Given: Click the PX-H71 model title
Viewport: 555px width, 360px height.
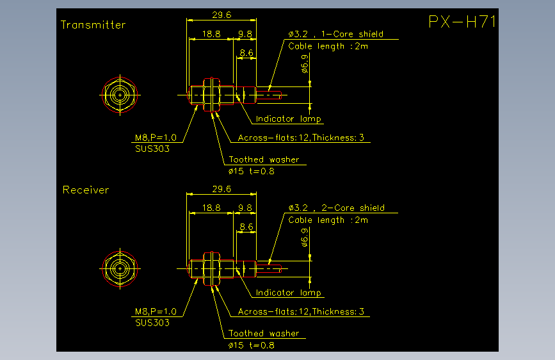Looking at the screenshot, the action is [462, 22].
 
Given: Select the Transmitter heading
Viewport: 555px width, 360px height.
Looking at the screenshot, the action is [93, 25].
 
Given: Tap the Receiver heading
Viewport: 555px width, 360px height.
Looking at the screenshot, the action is [86, 190].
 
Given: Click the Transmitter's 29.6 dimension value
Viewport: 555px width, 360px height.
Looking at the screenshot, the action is [221, 15].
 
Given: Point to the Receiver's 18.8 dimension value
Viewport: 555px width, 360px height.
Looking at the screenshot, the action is [211, 208].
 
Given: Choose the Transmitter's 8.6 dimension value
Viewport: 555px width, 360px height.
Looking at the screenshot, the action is [246, 53].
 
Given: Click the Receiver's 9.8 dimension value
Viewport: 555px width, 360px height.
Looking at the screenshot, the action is [245, 208].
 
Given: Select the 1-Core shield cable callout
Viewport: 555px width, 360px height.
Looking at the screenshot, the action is [336, 34].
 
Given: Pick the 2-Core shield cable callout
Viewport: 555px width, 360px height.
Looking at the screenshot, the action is [336, 208].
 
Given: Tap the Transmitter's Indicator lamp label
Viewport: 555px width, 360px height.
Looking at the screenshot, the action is [289, 119].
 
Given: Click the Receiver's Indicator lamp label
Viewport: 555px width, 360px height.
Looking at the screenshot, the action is [289, 293].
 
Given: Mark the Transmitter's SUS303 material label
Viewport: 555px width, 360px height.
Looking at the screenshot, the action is [152, 149].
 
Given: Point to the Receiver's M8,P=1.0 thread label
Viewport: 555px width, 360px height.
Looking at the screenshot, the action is [156, 311].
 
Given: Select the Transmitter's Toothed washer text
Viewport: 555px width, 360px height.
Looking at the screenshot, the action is [264, 160].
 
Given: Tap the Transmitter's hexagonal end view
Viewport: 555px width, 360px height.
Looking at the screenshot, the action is [120, 95].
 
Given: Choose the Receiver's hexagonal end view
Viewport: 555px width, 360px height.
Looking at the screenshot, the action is [120, 269].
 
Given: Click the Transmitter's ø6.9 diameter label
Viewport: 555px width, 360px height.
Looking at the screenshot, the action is [305, 64].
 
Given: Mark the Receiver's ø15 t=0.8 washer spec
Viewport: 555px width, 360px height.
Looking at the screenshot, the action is [252, 345].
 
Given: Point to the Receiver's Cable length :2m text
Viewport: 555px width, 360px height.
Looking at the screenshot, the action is [328, 220].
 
